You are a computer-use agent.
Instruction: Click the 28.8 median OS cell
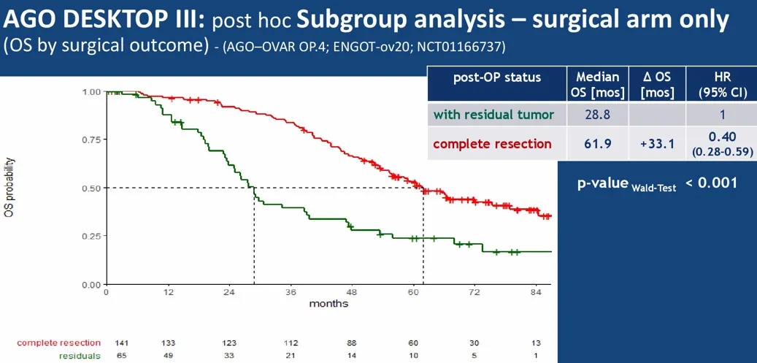coord(597,115)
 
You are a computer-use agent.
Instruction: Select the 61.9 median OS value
coord(597,143)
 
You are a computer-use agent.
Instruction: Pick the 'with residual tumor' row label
coord(493,115)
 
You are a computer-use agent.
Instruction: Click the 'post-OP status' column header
coord(497,77)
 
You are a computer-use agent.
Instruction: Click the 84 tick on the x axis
coord(535,292)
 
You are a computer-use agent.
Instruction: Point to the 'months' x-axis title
coord(328,303)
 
